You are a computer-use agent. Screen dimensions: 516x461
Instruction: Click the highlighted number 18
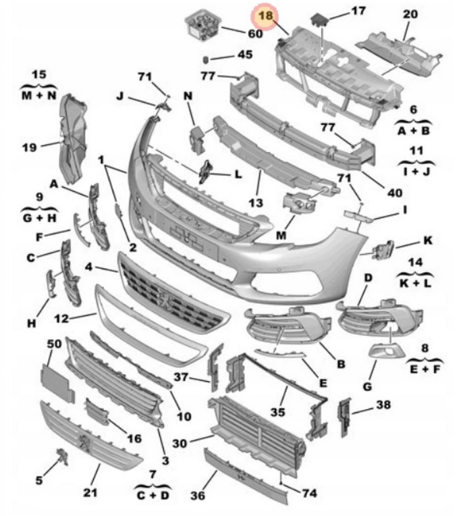click(265, 16)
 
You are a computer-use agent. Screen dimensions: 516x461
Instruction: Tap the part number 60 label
click(254, 33)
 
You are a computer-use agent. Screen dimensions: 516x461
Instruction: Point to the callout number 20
click(410, 14)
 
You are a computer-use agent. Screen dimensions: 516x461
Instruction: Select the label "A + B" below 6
click(413, 130)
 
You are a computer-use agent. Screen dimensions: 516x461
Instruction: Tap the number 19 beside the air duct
click(29, 147)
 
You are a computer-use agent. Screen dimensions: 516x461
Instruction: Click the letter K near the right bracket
click(427, 240)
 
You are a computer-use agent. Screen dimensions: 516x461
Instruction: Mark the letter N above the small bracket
click(188, 97)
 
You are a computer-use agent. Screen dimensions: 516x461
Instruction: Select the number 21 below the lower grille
click(91, 492)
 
